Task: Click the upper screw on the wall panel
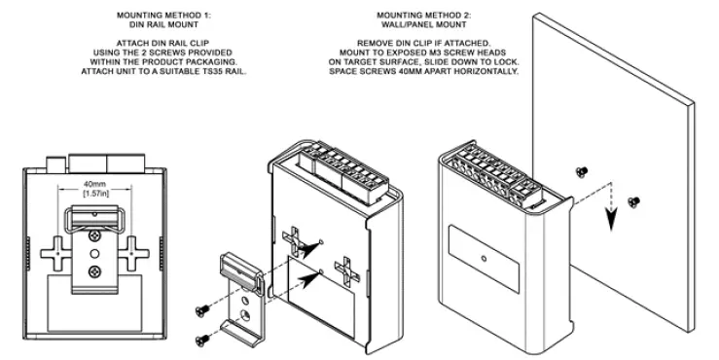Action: [x=582, y=171]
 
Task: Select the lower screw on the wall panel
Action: [x=633, y=201]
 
